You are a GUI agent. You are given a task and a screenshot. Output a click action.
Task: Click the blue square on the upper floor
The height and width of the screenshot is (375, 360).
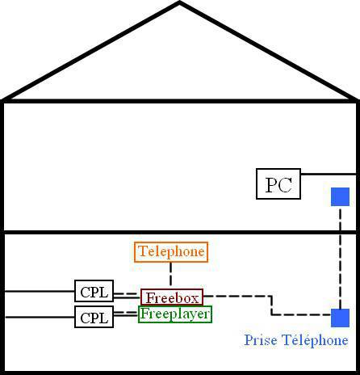tap(340, 196)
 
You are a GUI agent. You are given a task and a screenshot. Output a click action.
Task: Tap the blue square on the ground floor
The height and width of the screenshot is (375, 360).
tap(340, 318)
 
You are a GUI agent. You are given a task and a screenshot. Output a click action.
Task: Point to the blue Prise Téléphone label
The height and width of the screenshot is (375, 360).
tap(296, 340)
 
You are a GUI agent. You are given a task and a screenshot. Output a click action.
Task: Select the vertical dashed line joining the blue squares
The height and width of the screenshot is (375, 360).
tap(341, 257)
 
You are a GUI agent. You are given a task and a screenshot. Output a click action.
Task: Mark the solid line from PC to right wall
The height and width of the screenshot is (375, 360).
tap(329, 175)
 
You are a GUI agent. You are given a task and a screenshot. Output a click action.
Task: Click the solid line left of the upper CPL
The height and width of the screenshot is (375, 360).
tap(40, 291)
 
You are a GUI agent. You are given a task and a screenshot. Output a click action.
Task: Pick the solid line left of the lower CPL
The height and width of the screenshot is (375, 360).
tap(40, 317)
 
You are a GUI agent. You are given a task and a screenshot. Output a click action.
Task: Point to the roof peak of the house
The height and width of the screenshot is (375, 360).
tap(179, 2)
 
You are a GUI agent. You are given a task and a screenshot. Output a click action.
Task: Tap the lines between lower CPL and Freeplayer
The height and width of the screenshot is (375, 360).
tap(126, 314)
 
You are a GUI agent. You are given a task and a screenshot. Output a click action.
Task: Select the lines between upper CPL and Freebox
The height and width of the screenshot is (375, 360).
tap(127, 296)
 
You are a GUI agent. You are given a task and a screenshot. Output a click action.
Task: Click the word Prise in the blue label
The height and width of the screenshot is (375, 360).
tap(261, 340)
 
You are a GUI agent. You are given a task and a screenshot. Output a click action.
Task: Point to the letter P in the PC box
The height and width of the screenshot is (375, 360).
tap(271, 185)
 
